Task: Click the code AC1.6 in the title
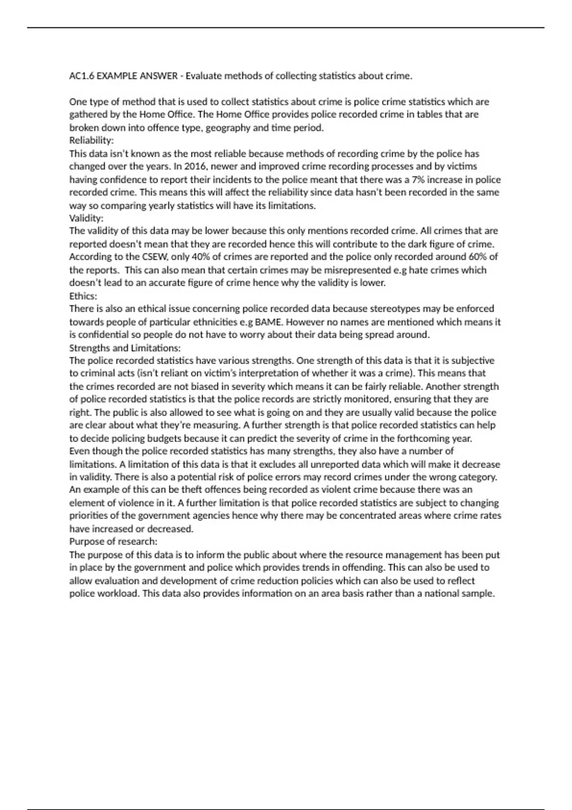click(82, 76)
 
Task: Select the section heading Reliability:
click(92, 141)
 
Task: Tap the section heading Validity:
click(86, 218)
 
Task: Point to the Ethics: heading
click(83, 296)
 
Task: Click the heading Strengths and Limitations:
click(125, 348)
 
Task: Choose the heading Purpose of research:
click(113, 542)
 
